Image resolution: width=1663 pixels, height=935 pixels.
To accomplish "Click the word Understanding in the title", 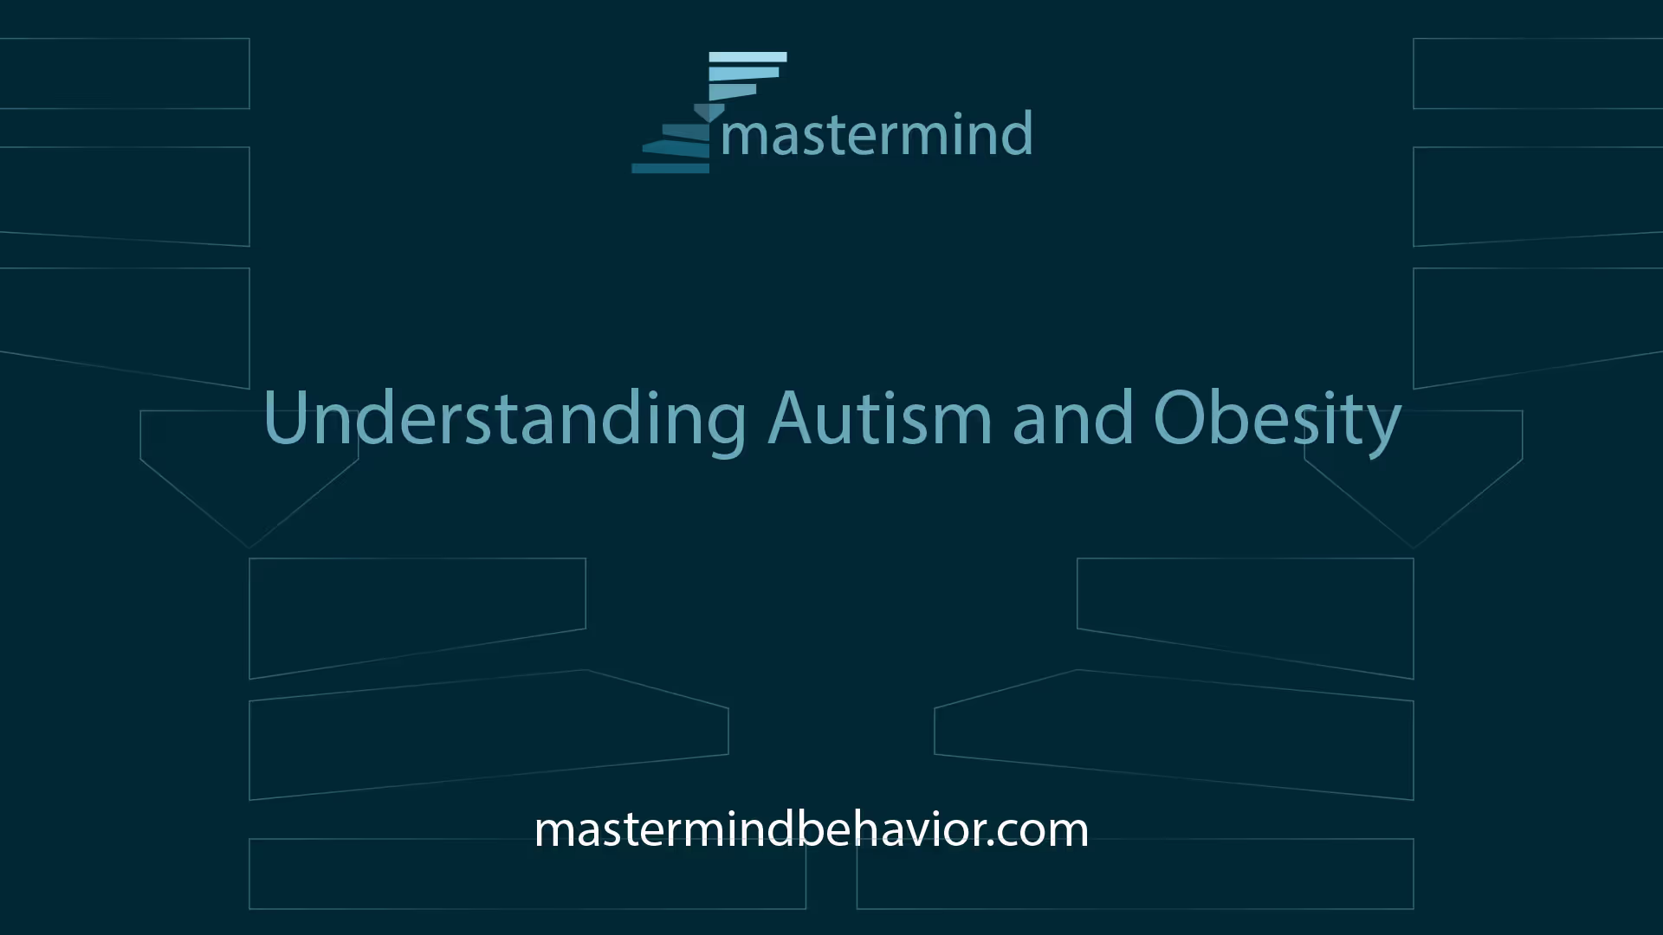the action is tap(505, 418).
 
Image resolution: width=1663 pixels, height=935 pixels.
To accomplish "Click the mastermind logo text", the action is tap(877, 134).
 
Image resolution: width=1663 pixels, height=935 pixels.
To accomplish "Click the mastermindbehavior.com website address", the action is tap(812, 829).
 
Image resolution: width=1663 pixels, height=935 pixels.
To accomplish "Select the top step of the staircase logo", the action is tap(747, 57).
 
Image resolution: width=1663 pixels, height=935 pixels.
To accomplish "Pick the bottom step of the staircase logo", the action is tap(670, 168).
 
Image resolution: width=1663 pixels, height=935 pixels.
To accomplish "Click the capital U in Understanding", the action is tap(287, 418).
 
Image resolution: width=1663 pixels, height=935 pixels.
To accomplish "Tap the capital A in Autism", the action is tap(793, 417).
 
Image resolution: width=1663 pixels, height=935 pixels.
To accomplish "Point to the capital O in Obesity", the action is tap(1181, 418).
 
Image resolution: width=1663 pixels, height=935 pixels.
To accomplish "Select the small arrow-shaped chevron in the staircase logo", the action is tap(709, 113).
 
